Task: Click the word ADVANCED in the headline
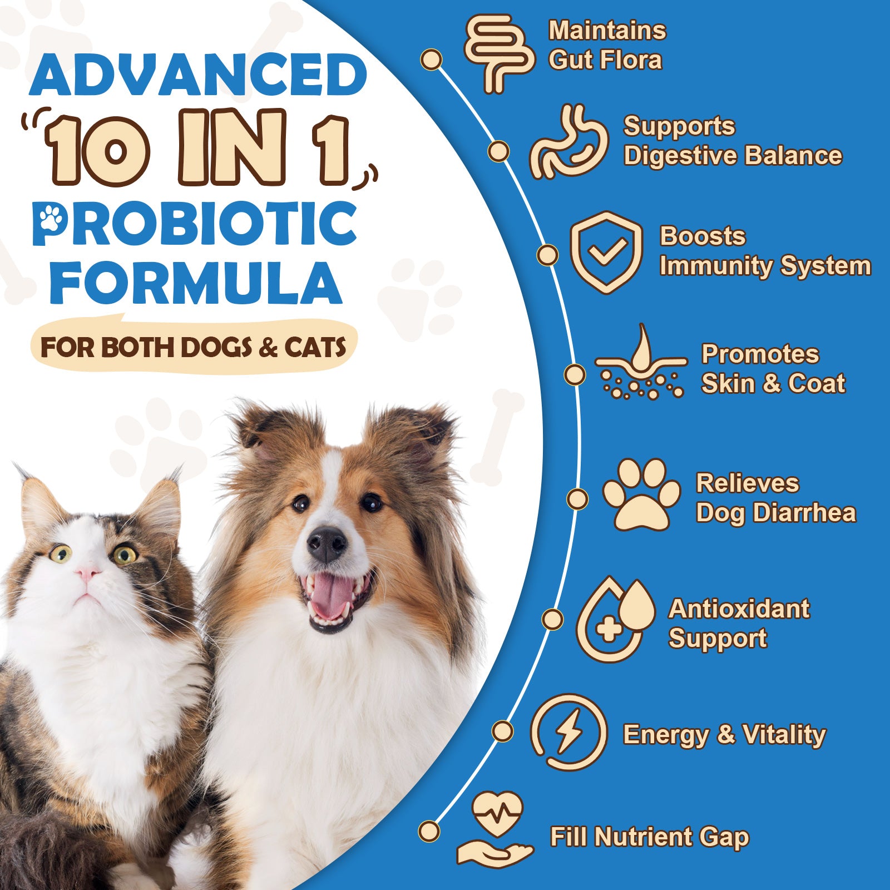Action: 199,75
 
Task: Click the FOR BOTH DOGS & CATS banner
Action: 193,348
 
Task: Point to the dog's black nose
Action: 327,544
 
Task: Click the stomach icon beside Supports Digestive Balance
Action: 568,142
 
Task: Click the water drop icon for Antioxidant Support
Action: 615,619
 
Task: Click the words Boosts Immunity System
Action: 764,251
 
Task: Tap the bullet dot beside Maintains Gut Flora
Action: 432,60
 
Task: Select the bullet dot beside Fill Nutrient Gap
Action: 429,832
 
